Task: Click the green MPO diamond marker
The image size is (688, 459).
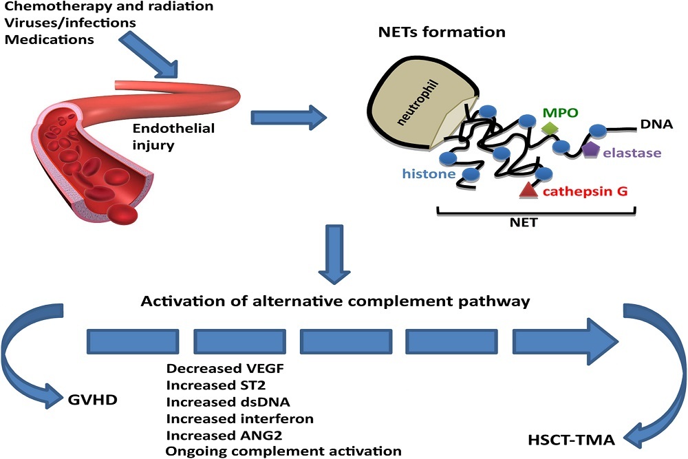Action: pyautogui.click(x=550, y=129)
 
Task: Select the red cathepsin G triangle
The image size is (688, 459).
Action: pyautogui.click(x=528, y=190)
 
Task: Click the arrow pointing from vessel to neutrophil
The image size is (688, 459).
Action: pyautogui.click(x=288, y=118)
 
